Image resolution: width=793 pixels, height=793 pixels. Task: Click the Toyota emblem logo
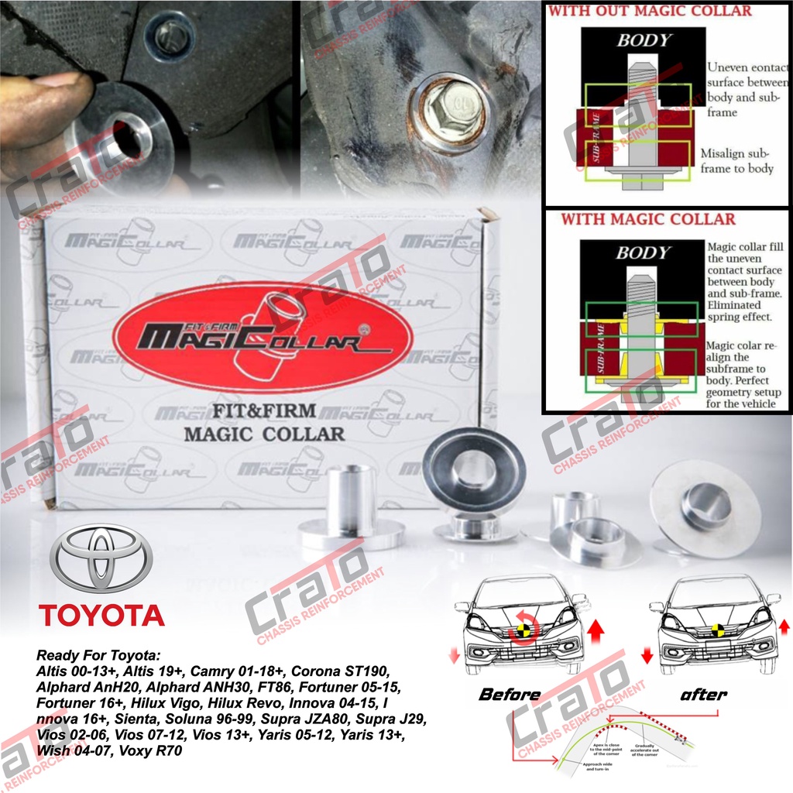pos(101,558)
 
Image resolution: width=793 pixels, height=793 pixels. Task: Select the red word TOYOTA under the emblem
pos(101,616)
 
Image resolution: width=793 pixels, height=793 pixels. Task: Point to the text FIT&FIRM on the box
pos(264,410)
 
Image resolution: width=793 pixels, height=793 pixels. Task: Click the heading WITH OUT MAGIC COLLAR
pos(649,11)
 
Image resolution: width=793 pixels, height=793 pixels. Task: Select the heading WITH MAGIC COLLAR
pos(648,219)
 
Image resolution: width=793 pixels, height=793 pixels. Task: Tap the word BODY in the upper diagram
pos(643,40)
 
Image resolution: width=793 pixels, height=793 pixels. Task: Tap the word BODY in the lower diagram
pos(642,252)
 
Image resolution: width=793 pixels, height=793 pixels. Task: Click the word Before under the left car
pos(509,694)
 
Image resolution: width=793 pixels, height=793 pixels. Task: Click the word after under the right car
pos(702,694)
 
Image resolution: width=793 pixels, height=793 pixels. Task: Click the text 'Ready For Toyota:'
pos(96,655)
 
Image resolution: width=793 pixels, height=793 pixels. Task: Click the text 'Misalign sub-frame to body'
pos(736,160)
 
